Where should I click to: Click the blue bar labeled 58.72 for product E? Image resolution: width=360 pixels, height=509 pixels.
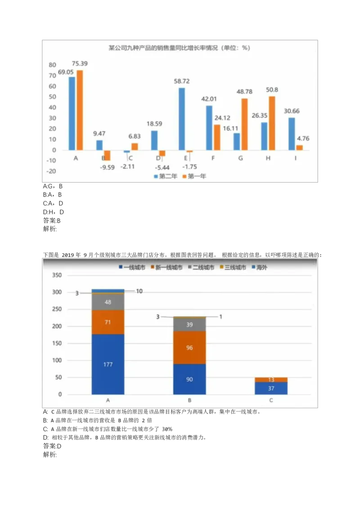click(182, 119)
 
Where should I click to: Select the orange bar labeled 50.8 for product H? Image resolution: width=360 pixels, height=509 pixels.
click(272, 123)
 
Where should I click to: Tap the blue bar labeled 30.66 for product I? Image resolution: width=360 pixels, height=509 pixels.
click(292, 134)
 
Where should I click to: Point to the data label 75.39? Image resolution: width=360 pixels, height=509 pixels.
click(80, 64)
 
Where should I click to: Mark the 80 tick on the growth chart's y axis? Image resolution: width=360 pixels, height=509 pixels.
click(52, 65)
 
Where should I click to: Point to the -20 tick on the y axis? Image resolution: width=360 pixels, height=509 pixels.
click(51, 171)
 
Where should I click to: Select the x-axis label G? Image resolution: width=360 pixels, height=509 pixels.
click(241, 158)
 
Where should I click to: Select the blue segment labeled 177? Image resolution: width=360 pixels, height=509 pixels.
click(108, 364)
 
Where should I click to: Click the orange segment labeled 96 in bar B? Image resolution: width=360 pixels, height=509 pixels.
click(189, 347)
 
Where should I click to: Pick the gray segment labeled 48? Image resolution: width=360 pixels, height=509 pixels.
click(108, 302)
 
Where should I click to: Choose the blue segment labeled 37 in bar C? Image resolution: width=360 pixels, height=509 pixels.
click(271, 388)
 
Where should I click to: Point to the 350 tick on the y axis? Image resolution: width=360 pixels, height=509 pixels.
click(56, 275)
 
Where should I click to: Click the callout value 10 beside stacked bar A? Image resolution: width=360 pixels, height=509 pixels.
click(139, 291)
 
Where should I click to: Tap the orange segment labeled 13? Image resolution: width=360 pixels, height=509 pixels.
click(271, 380)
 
